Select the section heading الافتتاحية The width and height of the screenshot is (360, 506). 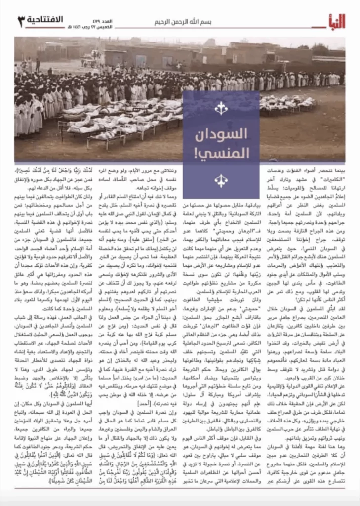(49, 20)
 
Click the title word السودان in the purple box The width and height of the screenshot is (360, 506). (221, 133)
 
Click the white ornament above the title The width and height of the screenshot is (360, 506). (221, 107)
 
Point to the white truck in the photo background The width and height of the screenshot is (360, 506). (91, 60)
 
